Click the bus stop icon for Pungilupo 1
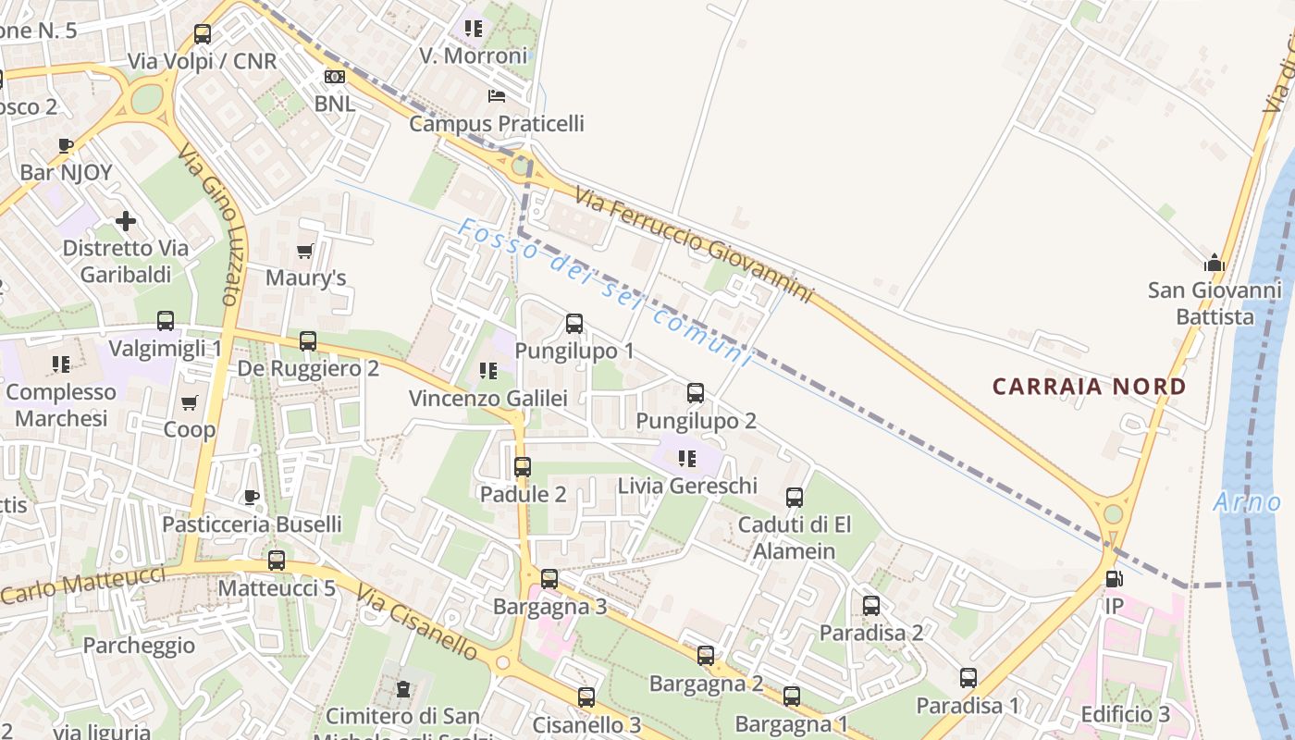point(574,324)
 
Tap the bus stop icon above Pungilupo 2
point(696,393)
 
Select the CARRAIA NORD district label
point(1089,387)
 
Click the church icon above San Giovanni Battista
point(1215,264)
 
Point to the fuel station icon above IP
point(1114,579)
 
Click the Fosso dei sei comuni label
point(606,291)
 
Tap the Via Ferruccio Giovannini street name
point(693,243)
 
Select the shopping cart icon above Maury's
point(305,251)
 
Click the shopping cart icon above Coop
point(190,402)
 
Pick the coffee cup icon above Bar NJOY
point(66,145)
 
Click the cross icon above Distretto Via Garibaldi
point(126,221)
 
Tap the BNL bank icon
point(335,77)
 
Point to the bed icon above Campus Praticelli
point(497,96)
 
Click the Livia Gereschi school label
point(687,486)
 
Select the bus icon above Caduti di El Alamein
point(794,498)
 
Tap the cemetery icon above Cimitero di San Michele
point(403,689)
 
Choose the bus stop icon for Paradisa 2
point(871,606)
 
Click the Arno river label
point(1247,502)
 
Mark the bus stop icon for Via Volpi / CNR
point(202,34)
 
